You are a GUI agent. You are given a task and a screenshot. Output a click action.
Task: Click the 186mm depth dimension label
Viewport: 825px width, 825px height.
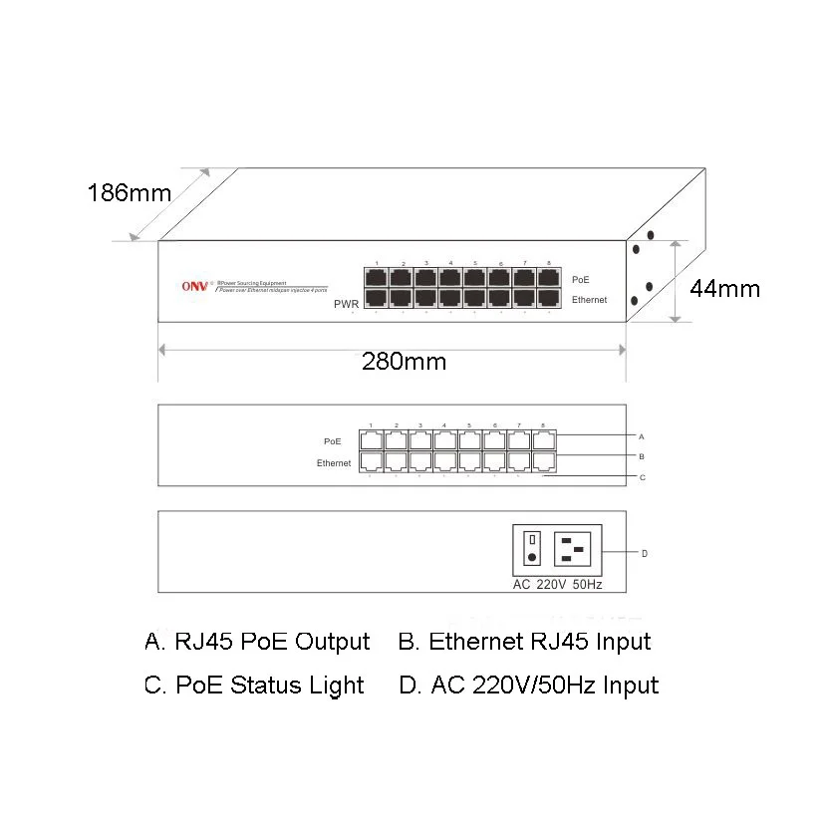[130, 192]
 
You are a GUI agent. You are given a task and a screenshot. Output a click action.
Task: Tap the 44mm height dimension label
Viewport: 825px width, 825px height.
[725, 289]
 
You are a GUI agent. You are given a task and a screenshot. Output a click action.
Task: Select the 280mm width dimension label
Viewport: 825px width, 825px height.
[405, 362]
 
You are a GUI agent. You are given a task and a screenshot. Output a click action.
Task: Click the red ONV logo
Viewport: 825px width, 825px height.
[193, 287]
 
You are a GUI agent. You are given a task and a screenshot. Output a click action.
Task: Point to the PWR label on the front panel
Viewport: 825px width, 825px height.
[346, 305]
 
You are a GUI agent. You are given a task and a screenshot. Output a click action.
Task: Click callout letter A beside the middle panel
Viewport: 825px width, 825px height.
[642, 436]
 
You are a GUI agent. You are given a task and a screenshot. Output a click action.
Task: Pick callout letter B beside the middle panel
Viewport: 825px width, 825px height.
[642, 456]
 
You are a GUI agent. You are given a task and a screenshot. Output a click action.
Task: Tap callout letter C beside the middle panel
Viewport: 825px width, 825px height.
[642, 477]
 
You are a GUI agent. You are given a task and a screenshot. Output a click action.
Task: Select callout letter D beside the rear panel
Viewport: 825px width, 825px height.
[645, 553]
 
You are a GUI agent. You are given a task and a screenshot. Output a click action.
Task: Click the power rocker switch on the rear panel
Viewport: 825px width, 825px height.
[532, 549]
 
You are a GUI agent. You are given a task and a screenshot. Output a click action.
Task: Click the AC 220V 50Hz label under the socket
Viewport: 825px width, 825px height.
[557, 585]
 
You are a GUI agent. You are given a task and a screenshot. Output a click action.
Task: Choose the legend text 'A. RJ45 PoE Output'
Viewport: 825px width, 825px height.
[257, 642]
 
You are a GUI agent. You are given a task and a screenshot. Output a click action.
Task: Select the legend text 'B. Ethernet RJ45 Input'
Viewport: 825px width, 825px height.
[524, 642]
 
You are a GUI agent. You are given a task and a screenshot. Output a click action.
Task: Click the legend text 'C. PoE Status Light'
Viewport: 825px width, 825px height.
[254, 686]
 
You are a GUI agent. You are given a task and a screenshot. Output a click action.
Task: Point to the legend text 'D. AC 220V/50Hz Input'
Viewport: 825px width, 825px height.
[528, 686]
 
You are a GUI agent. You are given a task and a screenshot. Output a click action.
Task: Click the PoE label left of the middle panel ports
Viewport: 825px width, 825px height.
[333, 439]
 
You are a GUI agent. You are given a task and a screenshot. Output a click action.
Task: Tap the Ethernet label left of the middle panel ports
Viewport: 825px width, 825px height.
[334, 462]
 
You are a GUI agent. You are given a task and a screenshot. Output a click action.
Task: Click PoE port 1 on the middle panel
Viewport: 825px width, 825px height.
[371, 439]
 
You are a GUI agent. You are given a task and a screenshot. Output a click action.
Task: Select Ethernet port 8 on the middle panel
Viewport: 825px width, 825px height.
[544, 461]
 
